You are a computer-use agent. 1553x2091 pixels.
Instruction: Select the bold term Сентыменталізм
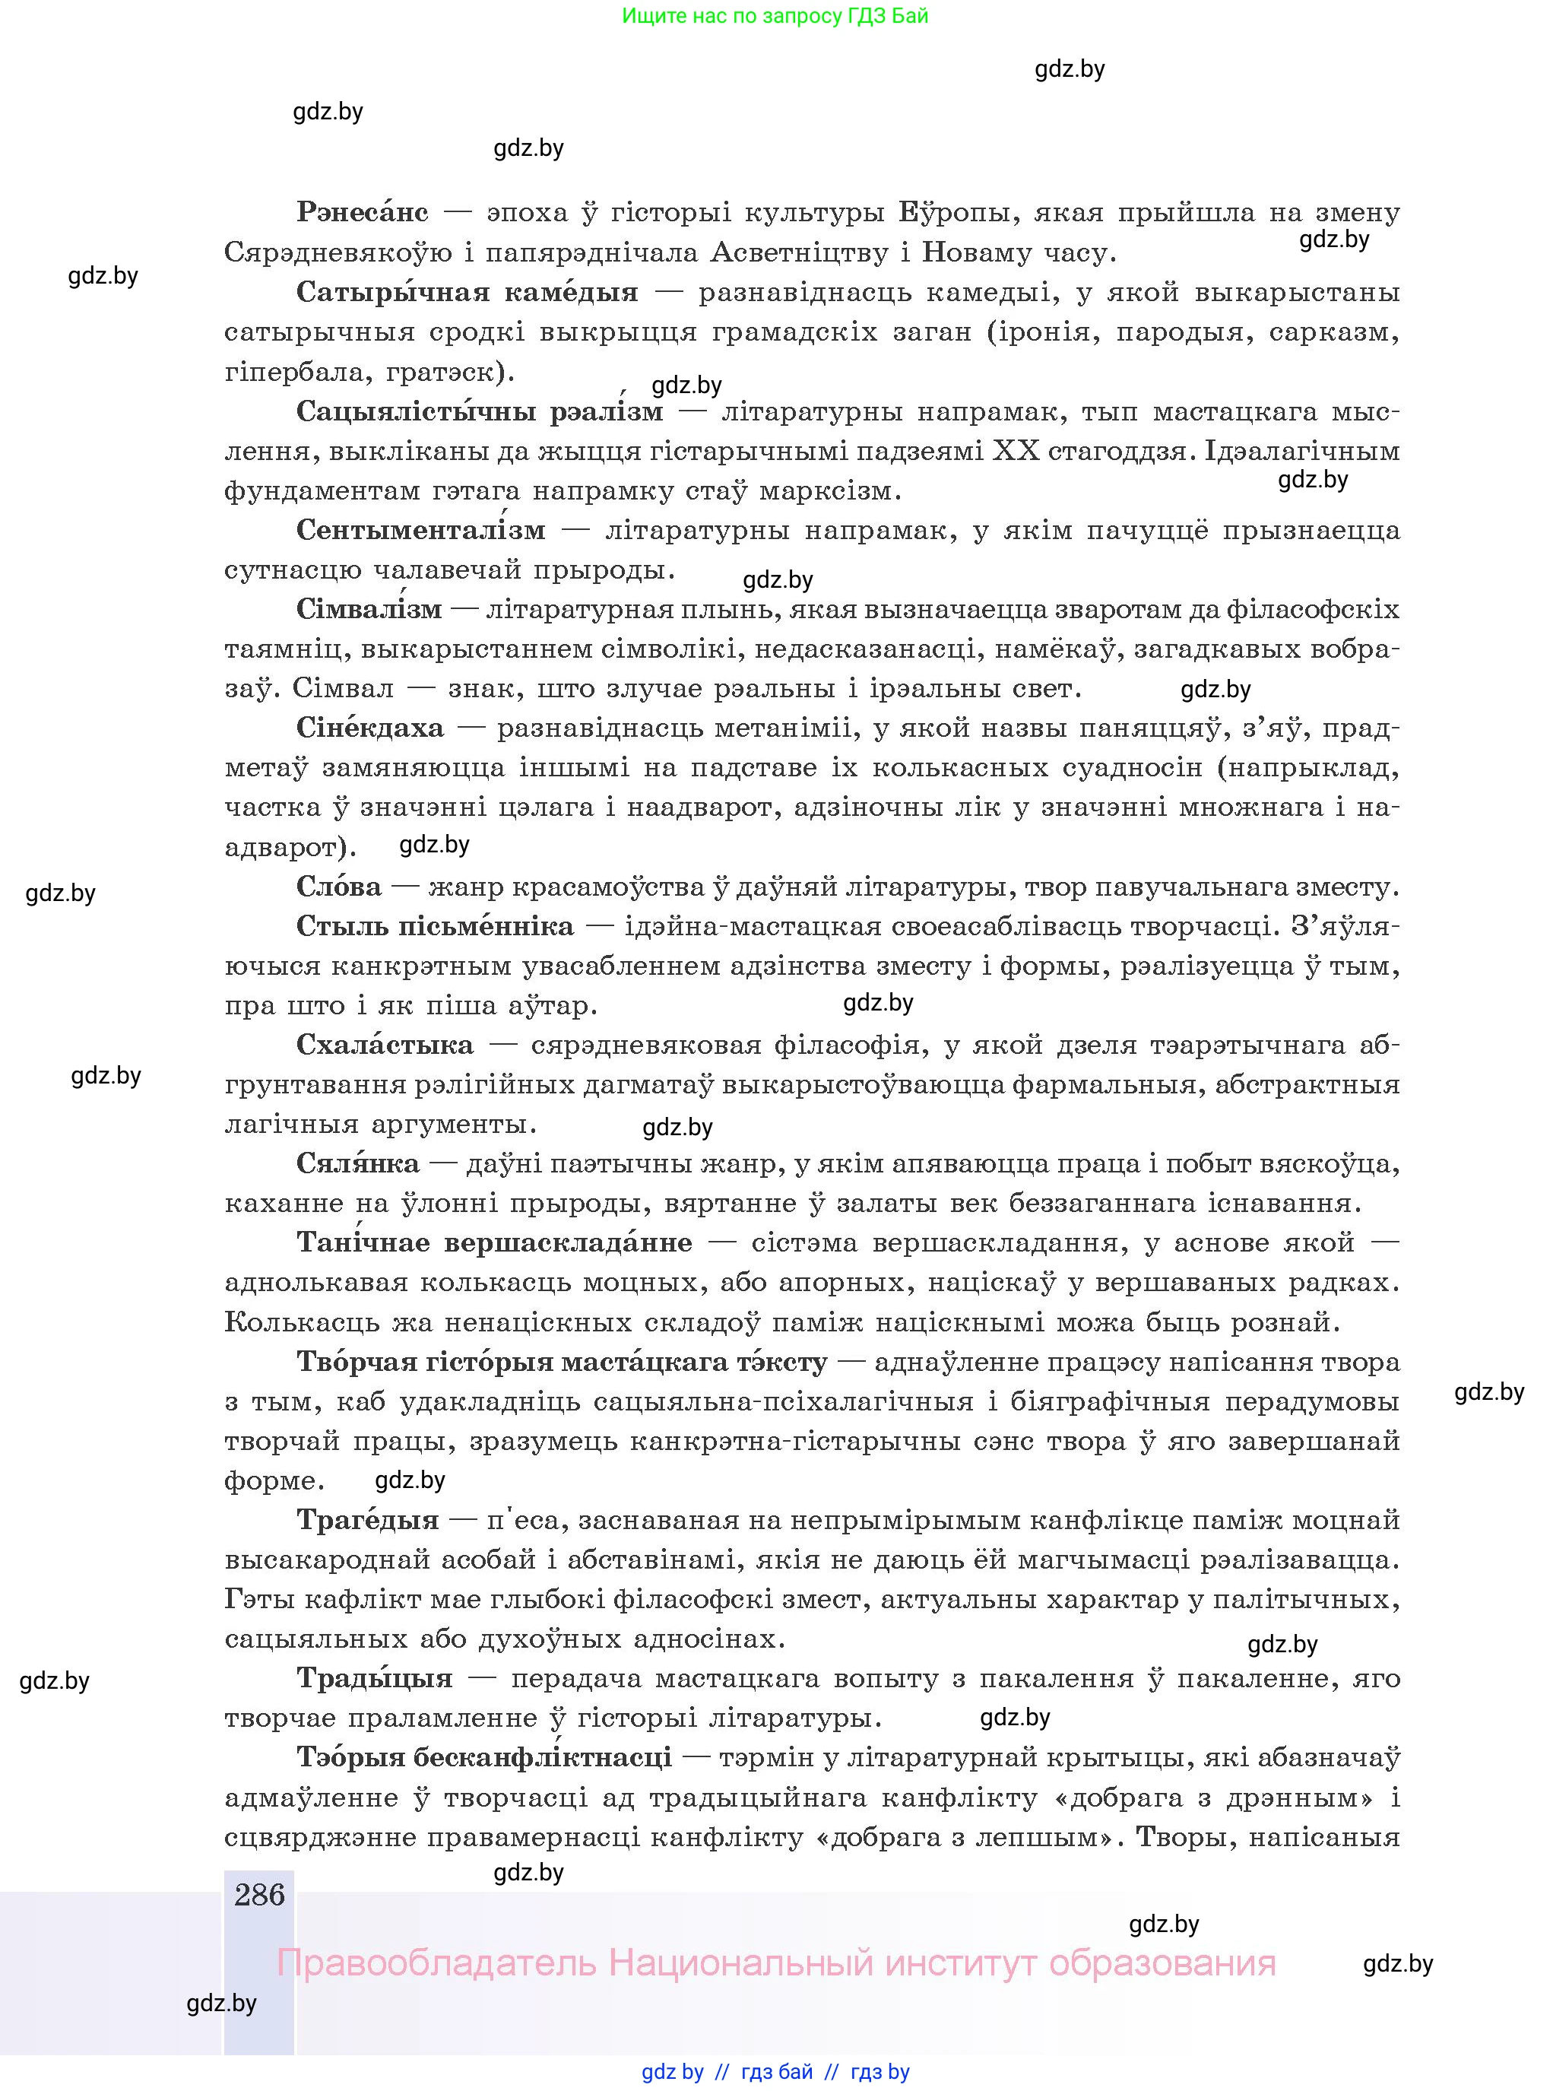coord(420,530)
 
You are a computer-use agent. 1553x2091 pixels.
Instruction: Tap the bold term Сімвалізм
coord(369,609)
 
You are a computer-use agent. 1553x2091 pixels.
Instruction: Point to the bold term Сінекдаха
coord(369,728)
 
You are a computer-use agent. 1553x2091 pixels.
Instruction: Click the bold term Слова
coord(338,887)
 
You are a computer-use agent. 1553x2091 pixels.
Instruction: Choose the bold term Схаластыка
coord(385,1045)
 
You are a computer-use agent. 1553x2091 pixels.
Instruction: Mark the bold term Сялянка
coord(357,1164)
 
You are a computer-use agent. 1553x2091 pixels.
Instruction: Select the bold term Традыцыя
coord(374,1678)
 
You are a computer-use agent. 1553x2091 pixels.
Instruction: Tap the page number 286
coord(259,1895)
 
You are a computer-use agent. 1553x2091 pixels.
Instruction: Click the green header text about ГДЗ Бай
coord(775,16)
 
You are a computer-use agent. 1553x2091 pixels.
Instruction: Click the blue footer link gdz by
coord(672,2072)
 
